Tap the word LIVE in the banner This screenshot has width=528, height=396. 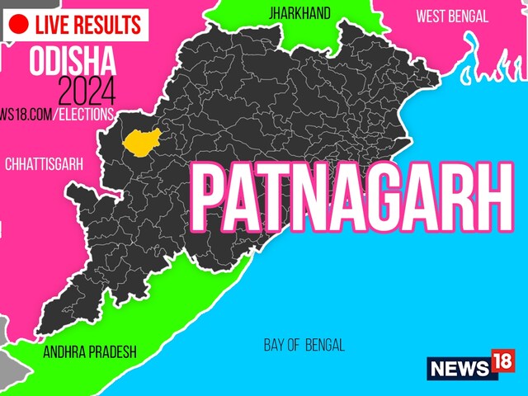coord(57,24)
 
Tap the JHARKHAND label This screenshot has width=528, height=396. coord(299,13)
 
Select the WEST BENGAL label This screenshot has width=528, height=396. coord(452,16)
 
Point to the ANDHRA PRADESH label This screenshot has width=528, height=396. coord(90,351)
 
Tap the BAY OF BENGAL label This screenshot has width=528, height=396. coord(304,345)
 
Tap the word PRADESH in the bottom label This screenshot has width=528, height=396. coord(111,351)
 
